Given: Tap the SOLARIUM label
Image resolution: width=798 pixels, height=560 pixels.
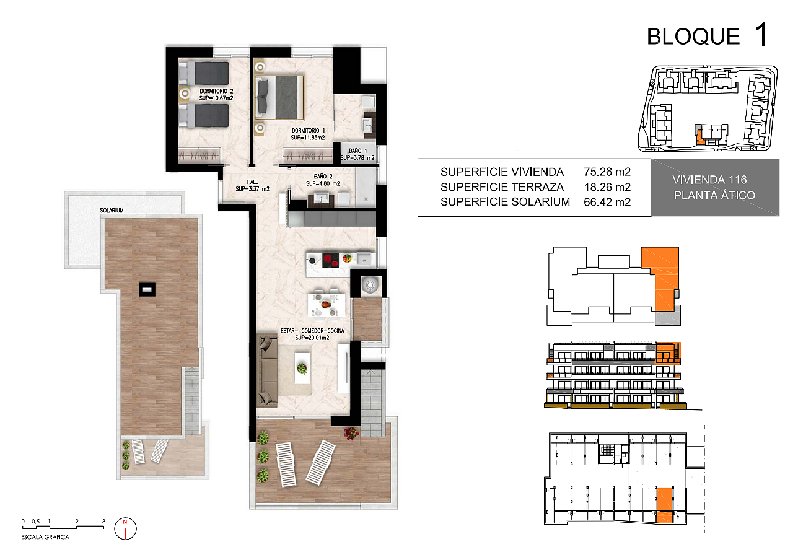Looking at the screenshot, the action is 112,211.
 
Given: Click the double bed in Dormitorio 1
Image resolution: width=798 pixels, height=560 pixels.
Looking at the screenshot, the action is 280,97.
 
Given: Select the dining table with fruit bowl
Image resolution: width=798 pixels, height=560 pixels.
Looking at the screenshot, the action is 327,305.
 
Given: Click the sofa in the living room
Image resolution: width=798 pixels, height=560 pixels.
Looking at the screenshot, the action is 267,370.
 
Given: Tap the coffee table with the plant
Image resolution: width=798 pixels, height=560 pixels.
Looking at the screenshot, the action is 302,368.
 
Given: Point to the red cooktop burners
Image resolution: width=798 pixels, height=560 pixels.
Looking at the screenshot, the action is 331,260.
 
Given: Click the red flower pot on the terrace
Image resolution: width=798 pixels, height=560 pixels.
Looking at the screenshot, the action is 351,433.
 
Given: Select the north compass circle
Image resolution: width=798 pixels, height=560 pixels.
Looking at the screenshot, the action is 125,528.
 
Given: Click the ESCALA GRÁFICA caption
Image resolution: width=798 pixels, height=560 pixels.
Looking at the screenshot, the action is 45,537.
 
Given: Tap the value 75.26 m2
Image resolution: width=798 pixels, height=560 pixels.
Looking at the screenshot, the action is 607,172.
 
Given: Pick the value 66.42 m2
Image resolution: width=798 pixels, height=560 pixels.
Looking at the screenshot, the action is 607,202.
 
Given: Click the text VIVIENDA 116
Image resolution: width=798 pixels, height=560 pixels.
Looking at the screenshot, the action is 709,180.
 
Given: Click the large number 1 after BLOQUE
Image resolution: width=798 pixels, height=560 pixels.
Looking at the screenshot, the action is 761,34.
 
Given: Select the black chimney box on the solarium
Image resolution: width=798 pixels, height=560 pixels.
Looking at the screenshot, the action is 147,290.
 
